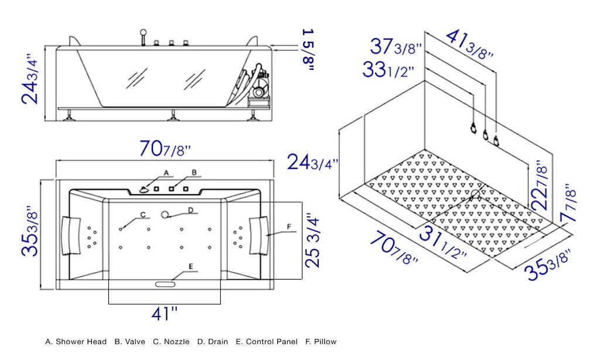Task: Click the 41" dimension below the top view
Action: point(164,314)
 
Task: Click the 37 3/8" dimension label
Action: point(396,46)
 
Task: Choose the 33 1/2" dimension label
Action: point(388,70)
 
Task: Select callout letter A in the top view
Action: point(166,173)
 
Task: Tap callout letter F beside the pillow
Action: point(288,226)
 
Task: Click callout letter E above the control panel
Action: point(190,266)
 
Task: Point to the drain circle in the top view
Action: point(165,215)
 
